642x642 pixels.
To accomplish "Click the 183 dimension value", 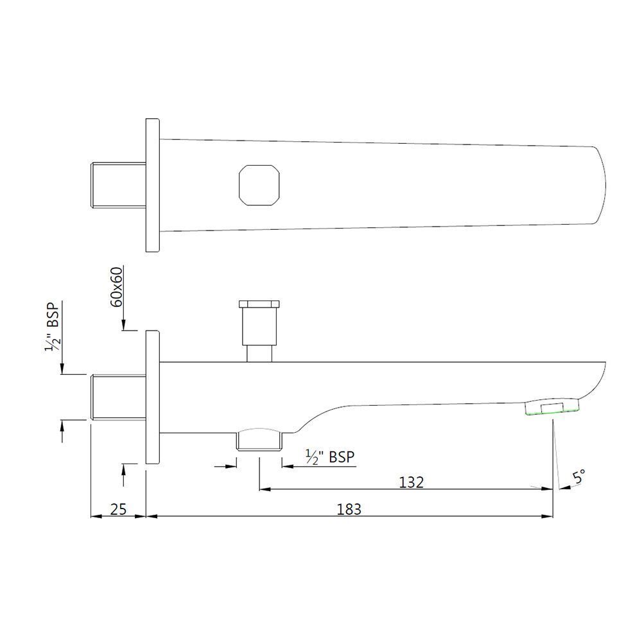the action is tap(349, 509).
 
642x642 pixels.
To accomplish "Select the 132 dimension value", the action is tap(411, 482).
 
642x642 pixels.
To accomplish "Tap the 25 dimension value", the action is tap(118, 509).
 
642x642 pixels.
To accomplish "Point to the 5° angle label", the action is tap(578, 478).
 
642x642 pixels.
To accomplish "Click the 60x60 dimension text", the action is tap(117, 287).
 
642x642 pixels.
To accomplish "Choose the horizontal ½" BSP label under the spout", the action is tap(330, 456).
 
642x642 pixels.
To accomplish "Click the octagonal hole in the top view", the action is tap(259, 185).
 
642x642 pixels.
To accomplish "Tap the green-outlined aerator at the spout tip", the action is tap(553, 408).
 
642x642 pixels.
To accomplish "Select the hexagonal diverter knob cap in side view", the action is tap(259, 304).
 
